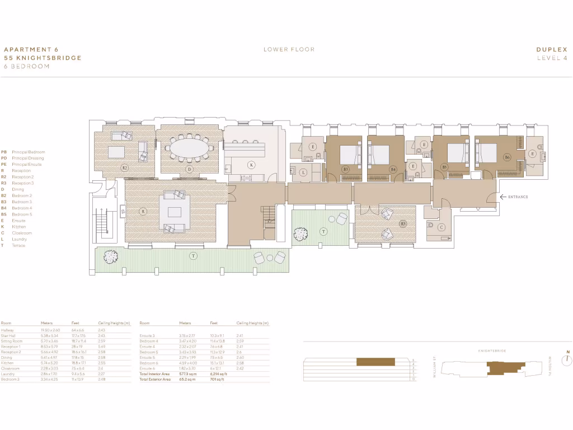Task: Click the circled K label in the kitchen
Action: (252, 165)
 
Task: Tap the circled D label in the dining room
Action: (190, 169)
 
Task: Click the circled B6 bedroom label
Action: (508, 157)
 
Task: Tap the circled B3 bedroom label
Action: (346, 169)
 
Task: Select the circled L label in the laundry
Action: (303, 173)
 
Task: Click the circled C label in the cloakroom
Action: (442, 227)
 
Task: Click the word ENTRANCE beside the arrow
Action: (519, 197)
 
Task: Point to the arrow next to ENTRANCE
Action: (504, 197)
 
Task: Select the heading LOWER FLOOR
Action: (289, 49)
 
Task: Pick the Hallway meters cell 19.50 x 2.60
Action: (51, 330)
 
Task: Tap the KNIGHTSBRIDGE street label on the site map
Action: (492, 350)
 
